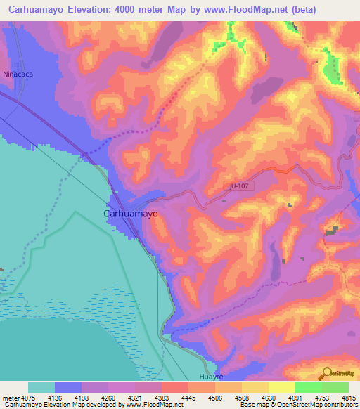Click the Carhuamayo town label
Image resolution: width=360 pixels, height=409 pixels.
coord(131,213)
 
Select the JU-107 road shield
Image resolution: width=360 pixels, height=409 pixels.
coord(239,186)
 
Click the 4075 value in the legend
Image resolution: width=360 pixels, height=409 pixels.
coord(28,398)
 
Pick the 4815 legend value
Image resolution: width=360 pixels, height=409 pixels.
coord(349,398)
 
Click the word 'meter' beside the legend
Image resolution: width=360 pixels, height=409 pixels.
coord(11,398)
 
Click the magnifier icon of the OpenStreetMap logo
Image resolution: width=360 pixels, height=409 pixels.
coord(326,373)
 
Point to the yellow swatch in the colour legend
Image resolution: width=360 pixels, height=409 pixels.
coord(281,387)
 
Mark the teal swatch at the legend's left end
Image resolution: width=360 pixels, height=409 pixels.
coord(41,387)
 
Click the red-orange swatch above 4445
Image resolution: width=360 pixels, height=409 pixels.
coord(174,387)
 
